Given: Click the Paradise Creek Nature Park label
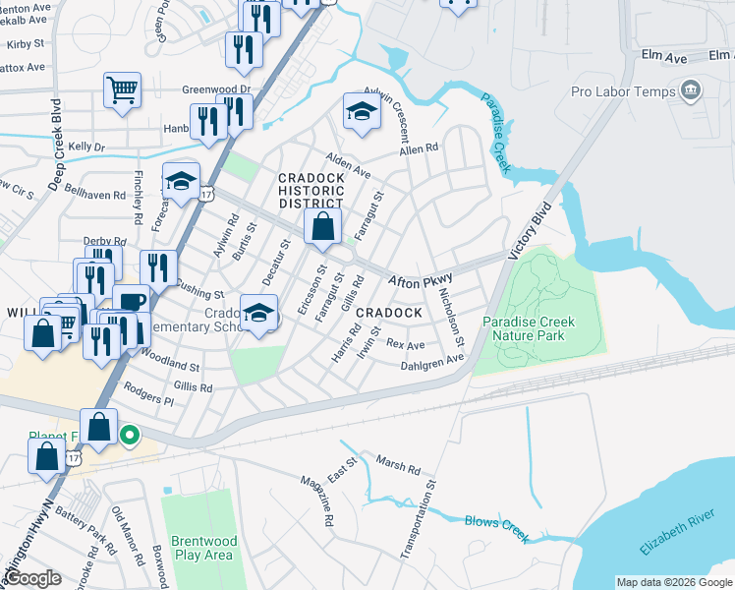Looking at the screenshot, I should (528, 328).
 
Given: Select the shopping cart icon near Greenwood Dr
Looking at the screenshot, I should (123, 91).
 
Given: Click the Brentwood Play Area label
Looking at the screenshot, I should (201, 548).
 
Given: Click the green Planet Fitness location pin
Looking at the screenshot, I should (129, 434).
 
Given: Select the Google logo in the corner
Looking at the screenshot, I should (33, 578).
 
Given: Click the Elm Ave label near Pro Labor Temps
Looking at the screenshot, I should (663, 59).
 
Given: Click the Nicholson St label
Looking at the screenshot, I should (452, 316).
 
